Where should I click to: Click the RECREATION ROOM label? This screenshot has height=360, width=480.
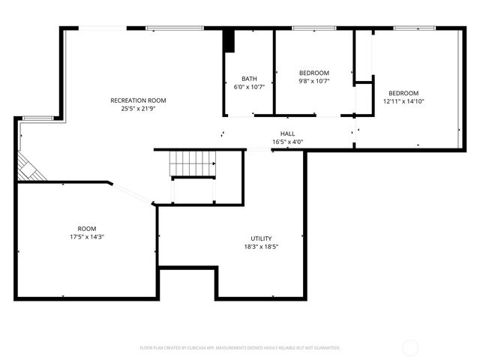(x=138, y=100)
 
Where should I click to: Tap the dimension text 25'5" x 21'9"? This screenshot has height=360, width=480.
(x=138, y=109)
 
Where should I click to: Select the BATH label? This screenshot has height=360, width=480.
(x=249, y=79)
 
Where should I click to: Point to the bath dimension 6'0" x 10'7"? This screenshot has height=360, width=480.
(x=249, y=87)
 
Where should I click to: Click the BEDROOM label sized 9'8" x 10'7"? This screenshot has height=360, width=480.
(x=314, y=73)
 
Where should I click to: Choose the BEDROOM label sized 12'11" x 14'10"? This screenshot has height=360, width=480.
(x=403, y=93)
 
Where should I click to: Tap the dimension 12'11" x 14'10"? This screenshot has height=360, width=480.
(x=403, y=101)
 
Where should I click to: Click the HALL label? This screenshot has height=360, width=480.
(x=287, y=133)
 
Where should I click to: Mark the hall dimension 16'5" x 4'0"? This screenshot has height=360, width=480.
(x=287, y=142)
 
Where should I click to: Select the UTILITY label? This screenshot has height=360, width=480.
(x=262, y=238)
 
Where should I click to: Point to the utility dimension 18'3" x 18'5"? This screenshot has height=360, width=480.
(x=262, y=247)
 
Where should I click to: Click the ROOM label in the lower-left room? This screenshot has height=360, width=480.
(x=87, y=229)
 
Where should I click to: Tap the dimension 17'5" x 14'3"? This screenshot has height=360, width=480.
(x=87, y=237)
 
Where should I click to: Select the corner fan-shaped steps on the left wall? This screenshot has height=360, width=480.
(x=30, y=168)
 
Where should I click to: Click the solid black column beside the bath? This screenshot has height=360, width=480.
(x=230, y=40)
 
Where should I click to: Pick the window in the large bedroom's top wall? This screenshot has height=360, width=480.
(x=415, y=28)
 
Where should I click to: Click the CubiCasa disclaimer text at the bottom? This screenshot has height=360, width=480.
(x=240, y=348)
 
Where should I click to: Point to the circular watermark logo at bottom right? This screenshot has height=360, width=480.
(x=411, y=347)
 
